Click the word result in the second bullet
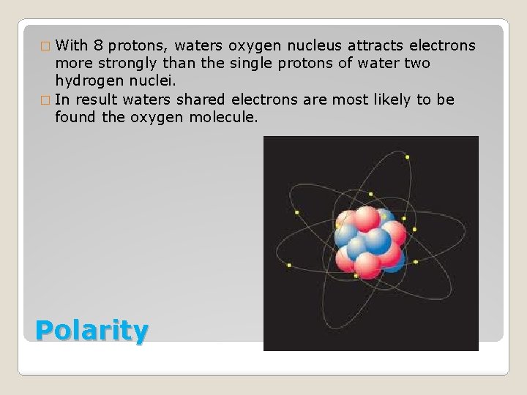[x=97, y=99]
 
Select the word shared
[x=202, y=99]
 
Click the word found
[x=75, y=116]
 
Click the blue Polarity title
[x=91, y=331]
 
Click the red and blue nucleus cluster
[x=369, y=238]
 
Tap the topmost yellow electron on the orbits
[x=408, y=156]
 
